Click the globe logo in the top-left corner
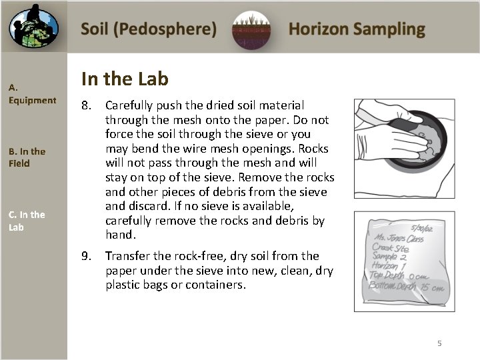[33, 27]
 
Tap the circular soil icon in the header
[252, 31]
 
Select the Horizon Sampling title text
[357, 29]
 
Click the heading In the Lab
[125, 79]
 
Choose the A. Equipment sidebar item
[32, 94]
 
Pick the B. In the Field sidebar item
[27, 157]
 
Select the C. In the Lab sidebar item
[27, 221]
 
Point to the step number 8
[86, 105]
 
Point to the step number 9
[86, 256]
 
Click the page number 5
[439, 343]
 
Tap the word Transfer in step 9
[127, 256]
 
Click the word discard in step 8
[145, 206]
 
